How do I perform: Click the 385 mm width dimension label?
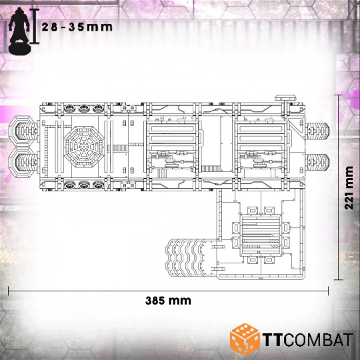(x=168, y=301)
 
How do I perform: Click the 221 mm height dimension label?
(x=349, y=188)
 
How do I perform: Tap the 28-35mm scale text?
(x=77, y=27)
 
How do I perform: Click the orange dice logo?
(x=245, y=340)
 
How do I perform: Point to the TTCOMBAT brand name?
(x=307, y=339)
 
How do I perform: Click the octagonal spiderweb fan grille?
(x=84, y=147)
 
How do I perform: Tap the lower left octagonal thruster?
(x=23, y=162)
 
